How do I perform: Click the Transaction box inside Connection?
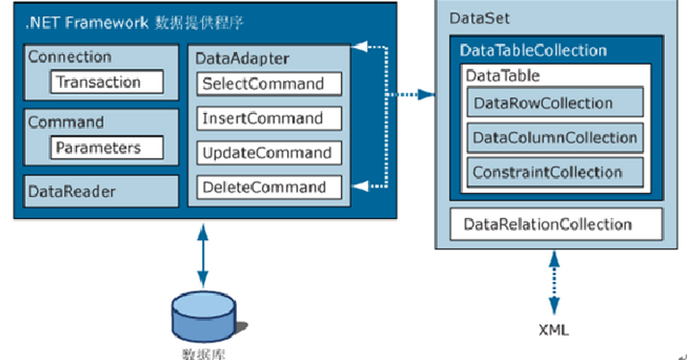107,81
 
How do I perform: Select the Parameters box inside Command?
107,148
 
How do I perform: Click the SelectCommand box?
269,84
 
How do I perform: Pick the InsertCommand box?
269,118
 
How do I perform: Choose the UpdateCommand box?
269,153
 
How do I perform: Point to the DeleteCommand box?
269,188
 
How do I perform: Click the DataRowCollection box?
554,103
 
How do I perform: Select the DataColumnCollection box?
554,137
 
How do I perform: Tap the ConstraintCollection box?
554,172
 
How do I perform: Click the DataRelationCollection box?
556,224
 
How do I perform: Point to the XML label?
554,329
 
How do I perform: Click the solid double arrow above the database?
202,255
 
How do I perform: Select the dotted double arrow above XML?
555,283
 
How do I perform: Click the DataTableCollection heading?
533,51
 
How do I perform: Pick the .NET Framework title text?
134,23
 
